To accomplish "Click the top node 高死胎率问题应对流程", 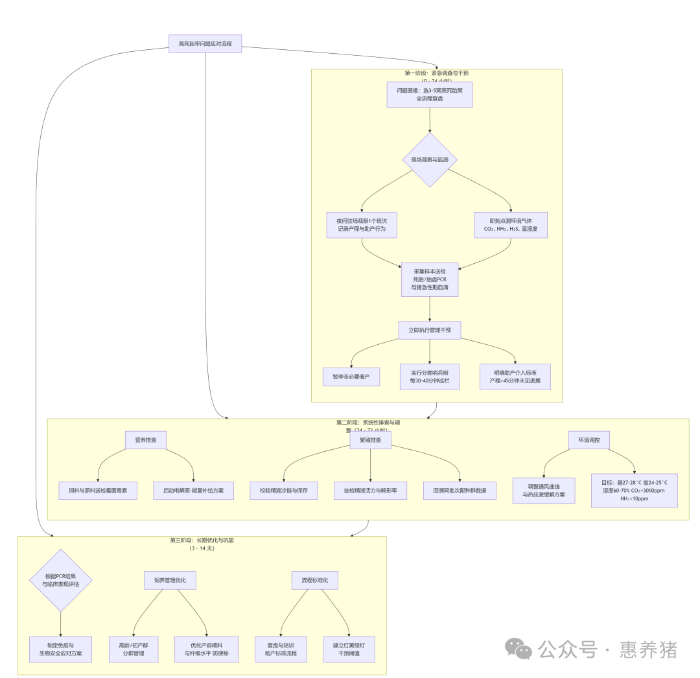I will tap(205, 44).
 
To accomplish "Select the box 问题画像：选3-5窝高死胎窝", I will tap(430, 95).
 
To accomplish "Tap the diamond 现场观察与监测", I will tap(430, 159).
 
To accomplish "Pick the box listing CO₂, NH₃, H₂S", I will tap(511, 225).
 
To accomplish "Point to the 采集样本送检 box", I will tap(430, 279).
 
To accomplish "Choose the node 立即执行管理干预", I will tap(430, 330).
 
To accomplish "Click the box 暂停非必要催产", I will tap(351, 377).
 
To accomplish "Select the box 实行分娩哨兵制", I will tap(430, 377).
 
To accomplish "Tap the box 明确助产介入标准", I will tap(515, 377).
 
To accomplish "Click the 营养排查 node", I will tap(146, 440).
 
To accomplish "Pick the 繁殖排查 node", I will tap(370, 440).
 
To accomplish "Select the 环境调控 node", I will tap(589, 440).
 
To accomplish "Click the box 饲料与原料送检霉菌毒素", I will tap(98, 491).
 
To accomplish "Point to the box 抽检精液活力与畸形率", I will tap(370, 491).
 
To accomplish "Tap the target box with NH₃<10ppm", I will tap(634, 491).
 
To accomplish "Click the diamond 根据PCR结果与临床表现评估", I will tap(61, 580).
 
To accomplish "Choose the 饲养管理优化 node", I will tap(170, 580).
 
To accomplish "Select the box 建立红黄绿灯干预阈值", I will tap(349, 649).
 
